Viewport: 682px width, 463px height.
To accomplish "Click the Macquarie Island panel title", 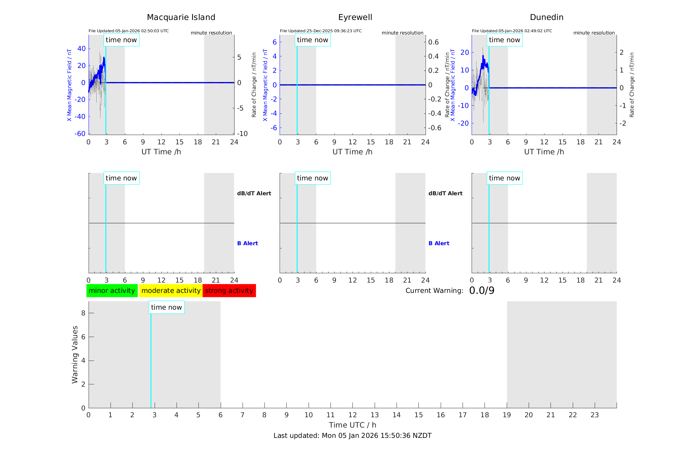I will [181, 17].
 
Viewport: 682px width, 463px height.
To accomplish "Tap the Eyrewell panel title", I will [355, 17].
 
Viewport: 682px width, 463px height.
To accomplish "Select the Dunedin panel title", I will [546, 17].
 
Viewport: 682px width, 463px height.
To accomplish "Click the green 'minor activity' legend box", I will [112, 291].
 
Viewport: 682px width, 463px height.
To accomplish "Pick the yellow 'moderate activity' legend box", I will [171, 291].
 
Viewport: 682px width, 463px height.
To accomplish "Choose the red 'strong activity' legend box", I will [229, 291].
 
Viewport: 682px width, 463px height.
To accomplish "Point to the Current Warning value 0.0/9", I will [482, 291].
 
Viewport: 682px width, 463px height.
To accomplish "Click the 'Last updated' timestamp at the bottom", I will [352, 436].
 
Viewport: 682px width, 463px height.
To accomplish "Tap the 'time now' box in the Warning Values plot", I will [167, 307].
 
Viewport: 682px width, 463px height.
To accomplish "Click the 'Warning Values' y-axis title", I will [75, 354].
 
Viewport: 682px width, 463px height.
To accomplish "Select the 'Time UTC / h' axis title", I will [352, 425].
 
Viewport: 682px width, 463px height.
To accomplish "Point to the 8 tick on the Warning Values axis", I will [83, 313].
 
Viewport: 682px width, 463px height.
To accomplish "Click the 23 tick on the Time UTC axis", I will [594, 415].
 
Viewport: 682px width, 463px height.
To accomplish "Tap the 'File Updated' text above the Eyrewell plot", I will [321, 31].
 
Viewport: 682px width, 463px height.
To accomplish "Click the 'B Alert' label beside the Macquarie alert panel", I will [247, 243].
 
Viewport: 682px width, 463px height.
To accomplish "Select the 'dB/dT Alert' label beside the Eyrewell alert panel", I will [445, 193].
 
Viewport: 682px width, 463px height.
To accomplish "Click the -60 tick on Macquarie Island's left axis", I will [80, 133].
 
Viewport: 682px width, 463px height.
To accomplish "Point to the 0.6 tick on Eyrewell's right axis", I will [433, 42].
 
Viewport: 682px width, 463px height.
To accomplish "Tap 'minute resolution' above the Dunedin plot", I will [594, 33].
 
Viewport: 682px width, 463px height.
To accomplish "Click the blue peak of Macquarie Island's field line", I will [104, 58].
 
